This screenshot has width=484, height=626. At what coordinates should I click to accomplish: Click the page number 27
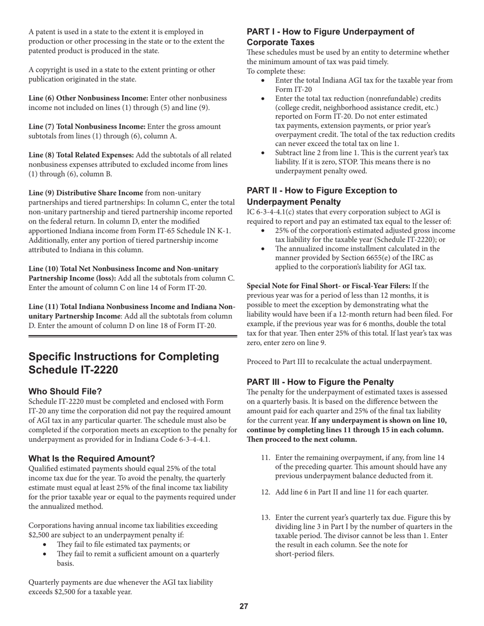[244, 606]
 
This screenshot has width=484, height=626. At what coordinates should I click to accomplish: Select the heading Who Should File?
[65, 391]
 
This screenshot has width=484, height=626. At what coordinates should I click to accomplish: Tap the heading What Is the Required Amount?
[92, 458]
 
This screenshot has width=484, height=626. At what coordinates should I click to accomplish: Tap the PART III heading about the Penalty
[320, 382]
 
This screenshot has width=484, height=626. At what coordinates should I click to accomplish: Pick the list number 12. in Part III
[265, 492]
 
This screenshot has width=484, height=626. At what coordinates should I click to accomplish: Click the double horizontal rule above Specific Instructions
[132, 336]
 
